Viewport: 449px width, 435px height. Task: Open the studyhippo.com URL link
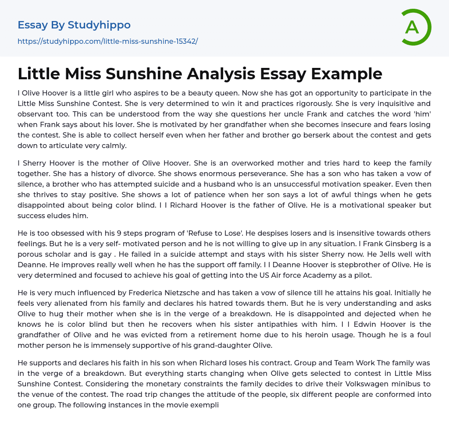point(107,41)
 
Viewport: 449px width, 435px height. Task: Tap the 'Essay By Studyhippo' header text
point(74,25)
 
